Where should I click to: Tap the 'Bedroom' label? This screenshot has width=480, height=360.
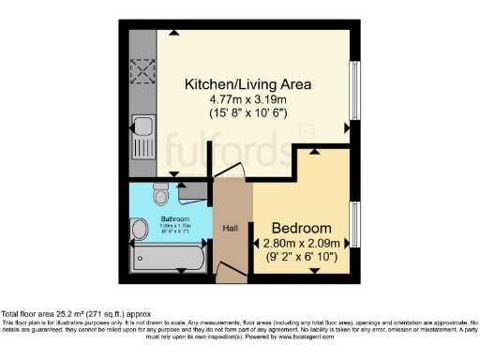pyautogui.click(x=301, y=228)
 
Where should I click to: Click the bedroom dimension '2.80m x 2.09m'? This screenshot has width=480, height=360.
pyautogui.click(x=301, y=242)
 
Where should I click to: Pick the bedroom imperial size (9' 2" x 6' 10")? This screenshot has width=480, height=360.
pyautogui.click(x=301, y=255)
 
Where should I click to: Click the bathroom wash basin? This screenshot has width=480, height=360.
pyautogui.click(x=140, y=228)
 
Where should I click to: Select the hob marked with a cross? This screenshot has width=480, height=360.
pyautogui.click(x=143, y=71)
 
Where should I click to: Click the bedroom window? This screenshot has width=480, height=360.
pyautogui.click(x=354, y=225)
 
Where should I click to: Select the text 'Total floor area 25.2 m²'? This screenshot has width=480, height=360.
pyautogui.click(x=56, y=314)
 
